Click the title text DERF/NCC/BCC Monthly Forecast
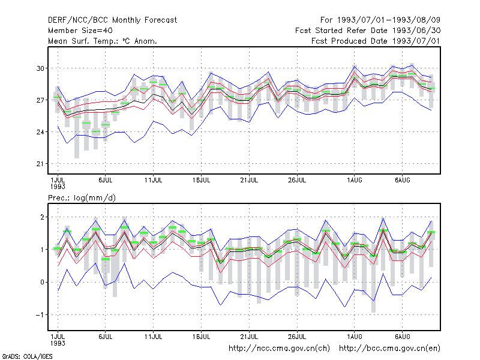click(x=112, y=20)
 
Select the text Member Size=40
click(x=80, y=31)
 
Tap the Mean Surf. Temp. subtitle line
click(x=103, y=41)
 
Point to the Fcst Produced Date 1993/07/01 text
click(x=376, y=41)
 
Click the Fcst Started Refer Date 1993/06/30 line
click(x=368, y=31)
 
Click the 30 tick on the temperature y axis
click(x=40, y=68)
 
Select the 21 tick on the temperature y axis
click(x=40, y=164)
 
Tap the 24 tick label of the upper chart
click(x=40, y=132)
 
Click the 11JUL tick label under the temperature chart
click(x=153, y=181)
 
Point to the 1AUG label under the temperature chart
click(x=354, y=181)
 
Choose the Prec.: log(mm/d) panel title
click(x=82, y=198)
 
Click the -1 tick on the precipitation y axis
click(x=40, y=314)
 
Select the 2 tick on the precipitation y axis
click(x=42, y=217)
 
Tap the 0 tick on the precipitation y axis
click(x=42, y=282)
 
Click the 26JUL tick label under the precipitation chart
click(x=297, y=337)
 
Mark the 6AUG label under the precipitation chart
click(x=402, y=337)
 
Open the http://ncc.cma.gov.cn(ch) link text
click(x=279, y=349)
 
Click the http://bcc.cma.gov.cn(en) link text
click(x=389, y=349)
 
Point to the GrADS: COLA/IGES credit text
click(x=27, y=356)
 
